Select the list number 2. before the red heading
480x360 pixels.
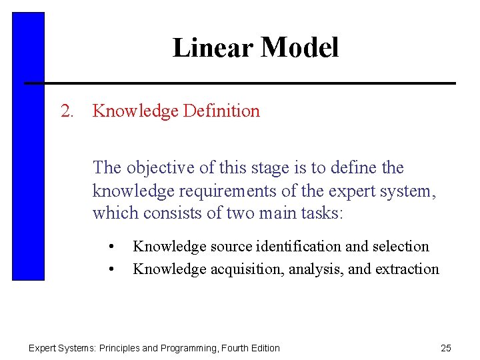click(x=67, y=111)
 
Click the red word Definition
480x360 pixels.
click(x=221, y=111)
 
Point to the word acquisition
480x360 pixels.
click(x=247, y=269)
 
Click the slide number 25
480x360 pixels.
click(x=446, y=348)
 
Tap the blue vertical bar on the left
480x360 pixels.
click(x=28, y=147)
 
